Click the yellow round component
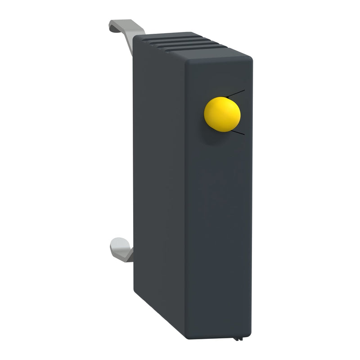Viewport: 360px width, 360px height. [x=222, y=114]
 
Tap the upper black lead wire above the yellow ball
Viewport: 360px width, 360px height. [x=236, y=93]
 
